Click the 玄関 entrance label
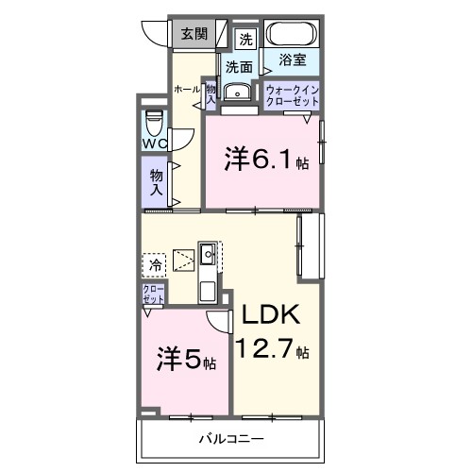click(x=194, y=34)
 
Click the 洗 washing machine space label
click(x=245, y=39)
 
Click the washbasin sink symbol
click(x=240, y=92)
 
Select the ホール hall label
click(x=186, y=89)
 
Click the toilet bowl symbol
click(x=153, y=122)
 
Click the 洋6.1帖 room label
click(x=265, y=160)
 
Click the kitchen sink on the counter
click(x=208, y=254)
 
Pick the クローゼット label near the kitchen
click(x=152, y=293)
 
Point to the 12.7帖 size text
click(x=274, y=349)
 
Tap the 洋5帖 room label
click(x=186, y=360)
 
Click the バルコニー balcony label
click(x=230, y=439)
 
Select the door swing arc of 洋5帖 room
click(x=219, y=321)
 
